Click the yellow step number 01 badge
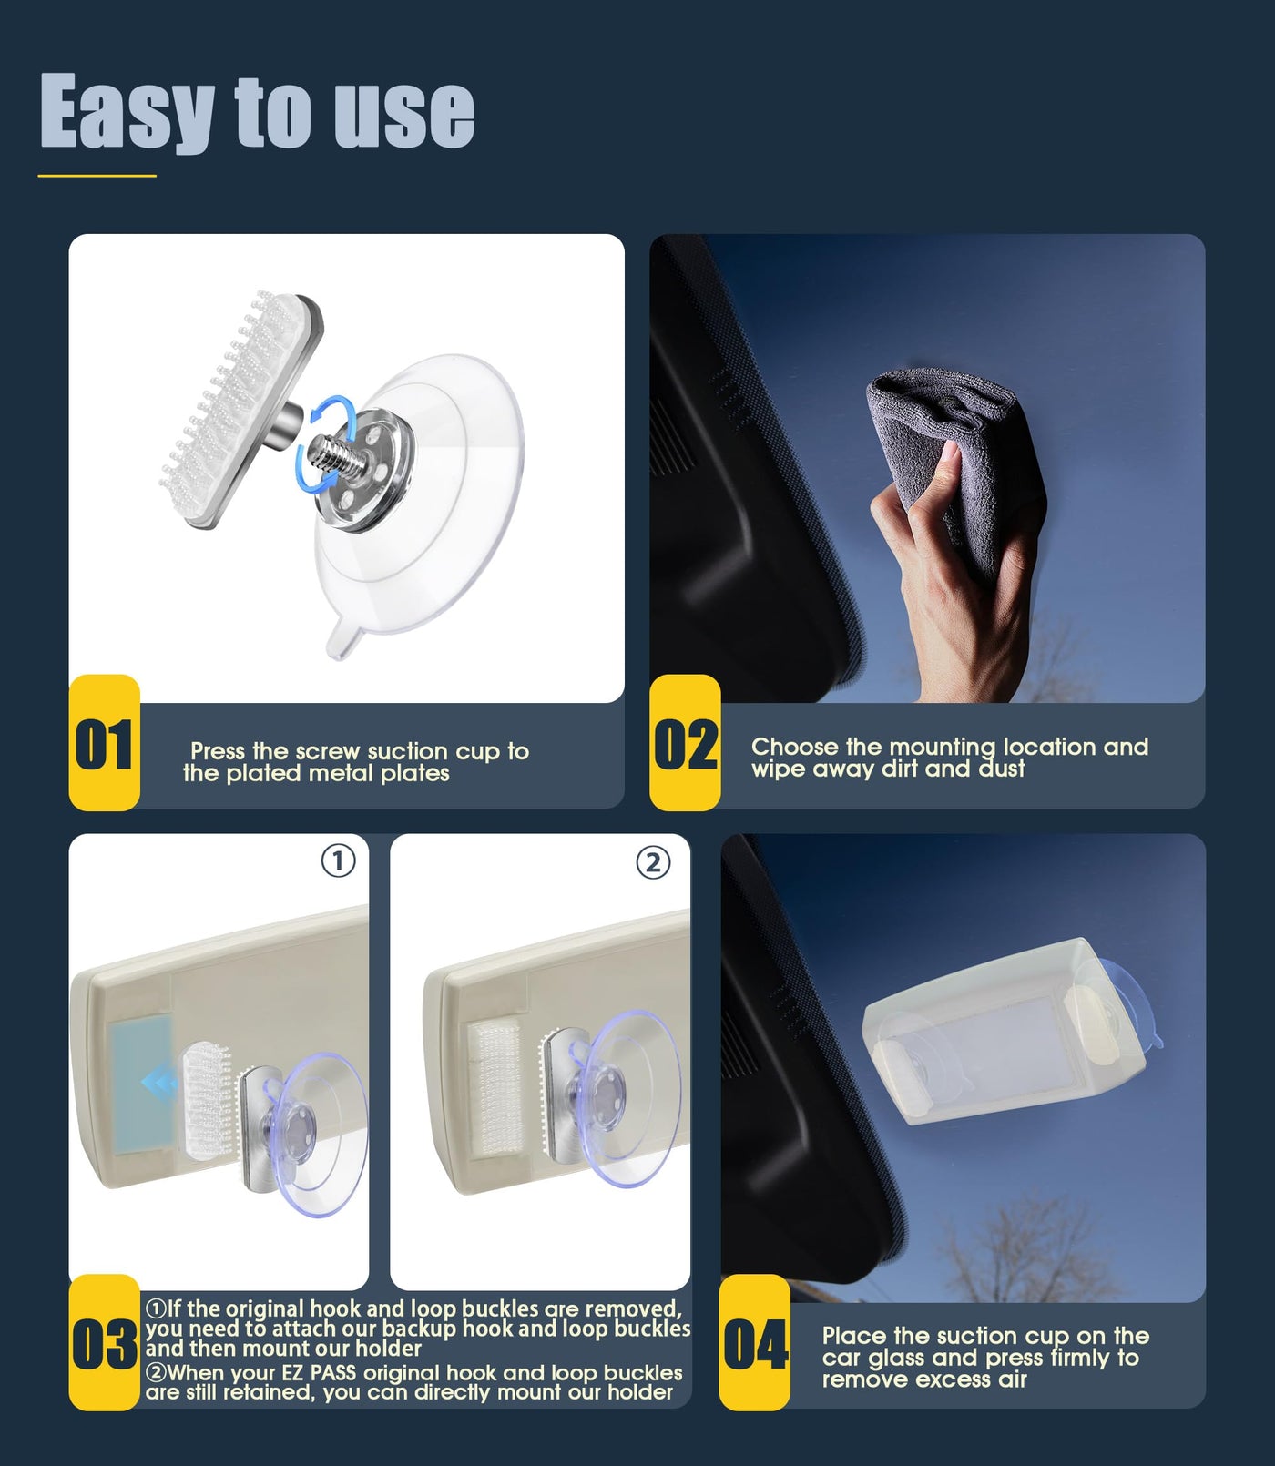pyautogui.click(x=105, y=743)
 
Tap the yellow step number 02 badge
pyautogui.click(x=685, y=743)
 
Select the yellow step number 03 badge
pyautogui.click(x=105, y=1343)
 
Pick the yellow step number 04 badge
pyautogui.click(x=755, y=1343)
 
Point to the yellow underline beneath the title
pyautogui.click(x=97, y=176)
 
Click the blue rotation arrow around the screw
pyautogui.click(x=325, y=444)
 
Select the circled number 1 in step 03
pyautogui.click(x=339, y=860)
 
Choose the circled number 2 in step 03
pyautogui.click(x=653, y=862)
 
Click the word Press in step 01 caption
pyautogui.click(x=219, y=751)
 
